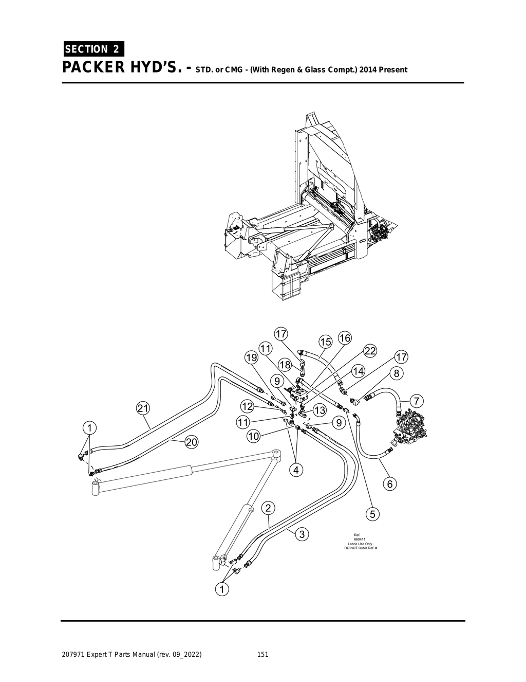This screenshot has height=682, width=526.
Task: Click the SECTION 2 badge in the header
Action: (92, 49)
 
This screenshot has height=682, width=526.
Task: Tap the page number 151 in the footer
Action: (262, 655)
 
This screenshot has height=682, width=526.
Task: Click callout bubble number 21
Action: (143, 408)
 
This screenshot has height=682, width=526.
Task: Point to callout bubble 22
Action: (370, 351)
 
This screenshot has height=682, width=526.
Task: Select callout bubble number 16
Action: (345, 338)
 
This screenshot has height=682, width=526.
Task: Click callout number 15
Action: (326, 342)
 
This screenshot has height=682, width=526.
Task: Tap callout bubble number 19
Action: (251, 357)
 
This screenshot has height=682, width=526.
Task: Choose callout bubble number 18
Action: (285, 365)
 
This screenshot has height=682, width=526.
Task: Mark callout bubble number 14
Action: (358, 371)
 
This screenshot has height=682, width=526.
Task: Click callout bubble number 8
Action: (397, 372)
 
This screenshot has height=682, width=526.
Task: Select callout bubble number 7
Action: (417, 400)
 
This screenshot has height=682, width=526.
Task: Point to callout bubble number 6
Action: (390, 484)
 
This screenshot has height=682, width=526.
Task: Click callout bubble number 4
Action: (296, 469)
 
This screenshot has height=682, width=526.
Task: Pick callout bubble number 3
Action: (302, 534)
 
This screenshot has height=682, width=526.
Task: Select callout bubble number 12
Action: (248, 406)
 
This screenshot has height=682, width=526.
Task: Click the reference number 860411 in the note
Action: (360, 539)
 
